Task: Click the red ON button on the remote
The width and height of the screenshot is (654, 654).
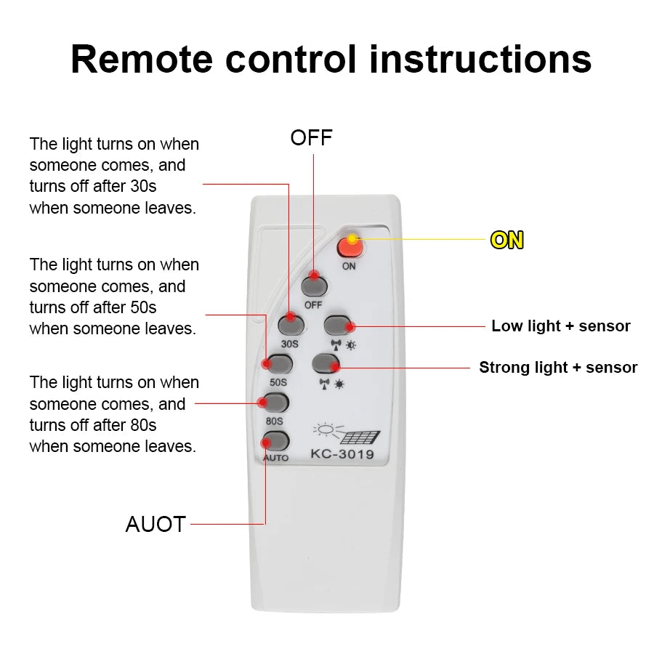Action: (x=351, y=248)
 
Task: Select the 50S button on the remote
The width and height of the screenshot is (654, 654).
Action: (x=278, y=363)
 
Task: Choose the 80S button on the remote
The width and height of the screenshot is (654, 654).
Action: (x=276, y=403)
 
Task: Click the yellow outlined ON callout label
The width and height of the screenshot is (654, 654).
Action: (x=507, y=240)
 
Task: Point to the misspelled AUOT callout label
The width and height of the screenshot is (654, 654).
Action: (x=156, y=524)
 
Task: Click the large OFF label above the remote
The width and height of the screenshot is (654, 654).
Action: (x=311, y=138)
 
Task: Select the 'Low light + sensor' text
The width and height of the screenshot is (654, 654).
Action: (x=561, y=326)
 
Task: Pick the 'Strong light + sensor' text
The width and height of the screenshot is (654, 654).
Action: (x=558, y=368)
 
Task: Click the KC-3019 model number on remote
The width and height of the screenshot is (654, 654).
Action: (x=342, y=456)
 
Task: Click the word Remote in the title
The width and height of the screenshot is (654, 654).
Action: (x=142, y=60)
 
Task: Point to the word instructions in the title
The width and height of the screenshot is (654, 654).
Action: (x=480, y=60)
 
